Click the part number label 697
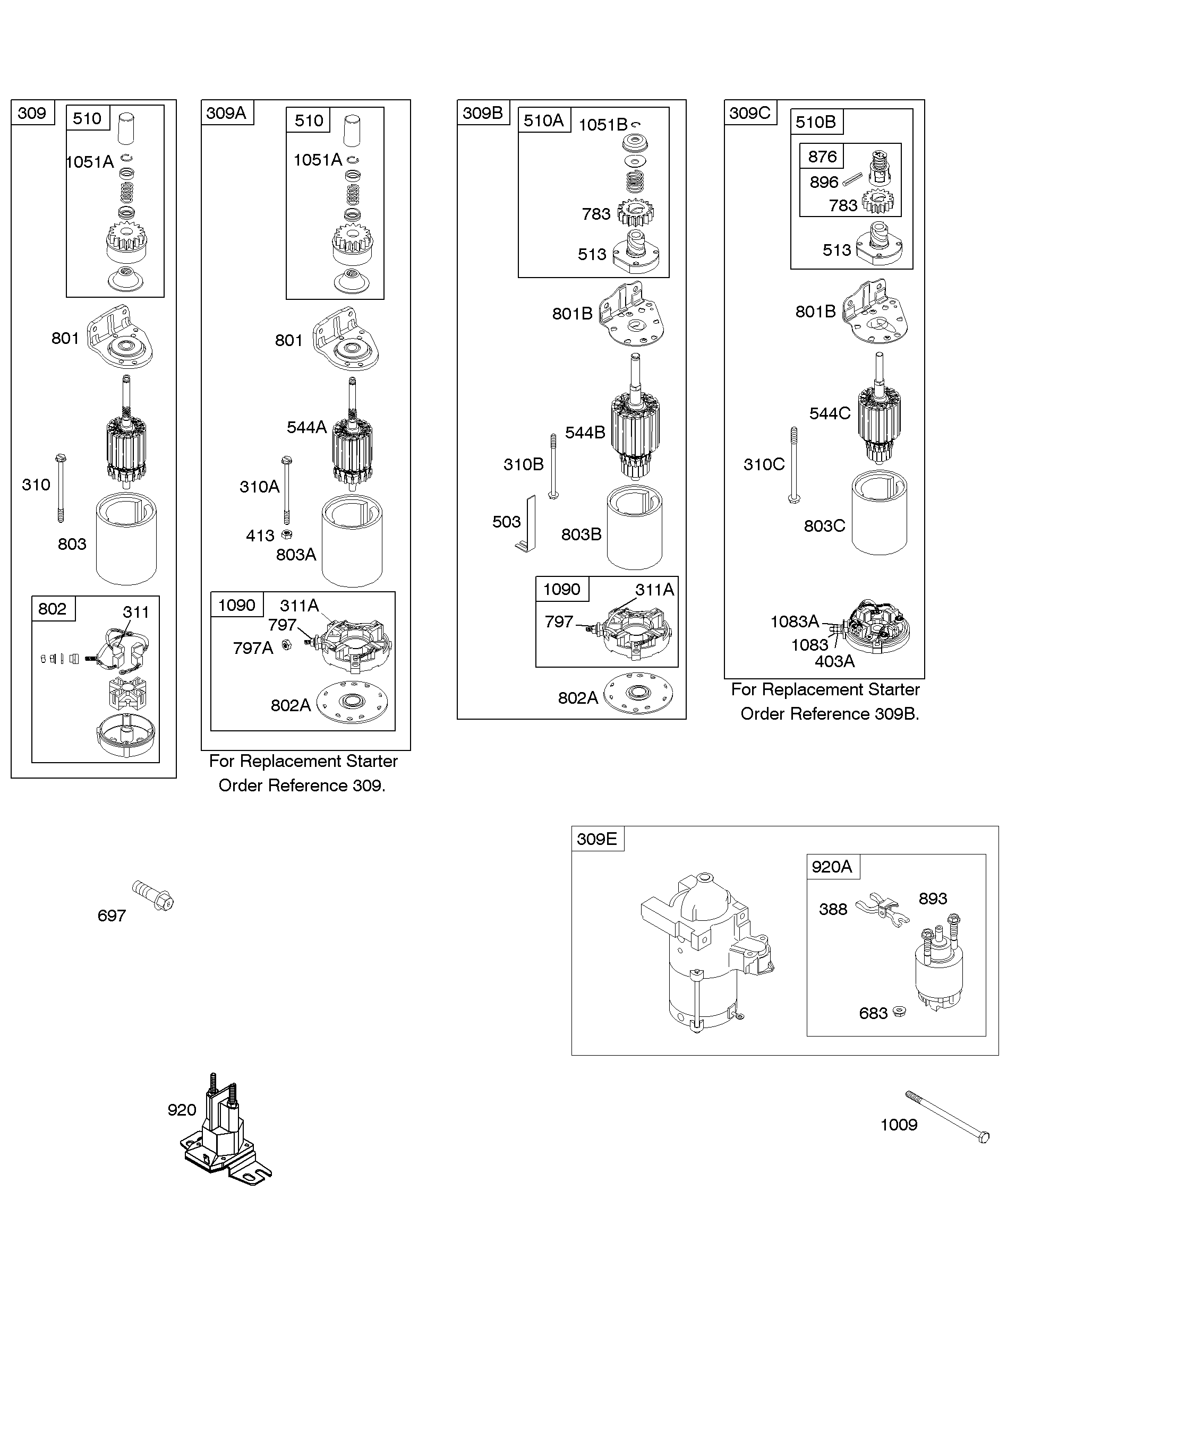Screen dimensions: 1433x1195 [x=112, y=916]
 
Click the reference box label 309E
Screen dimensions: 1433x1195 [x=597, y=839]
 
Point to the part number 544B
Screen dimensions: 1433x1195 [x=585, y=433]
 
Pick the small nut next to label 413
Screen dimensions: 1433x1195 [x=287, y=534]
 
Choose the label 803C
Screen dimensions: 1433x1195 [x=824, y=525]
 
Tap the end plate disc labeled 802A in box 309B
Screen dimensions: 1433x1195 [x=639, y=693]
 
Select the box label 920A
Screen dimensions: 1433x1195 [x=832, y=867]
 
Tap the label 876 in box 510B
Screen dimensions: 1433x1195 [x=822, y=156]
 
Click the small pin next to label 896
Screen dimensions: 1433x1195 [x=852, y=179]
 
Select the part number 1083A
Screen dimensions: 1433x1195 [x=794, y=621]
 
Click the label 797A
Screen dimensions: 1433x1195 [x=253, y=648]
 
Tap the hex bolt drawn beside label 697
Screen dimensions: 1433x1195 [x=153, y=895]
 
